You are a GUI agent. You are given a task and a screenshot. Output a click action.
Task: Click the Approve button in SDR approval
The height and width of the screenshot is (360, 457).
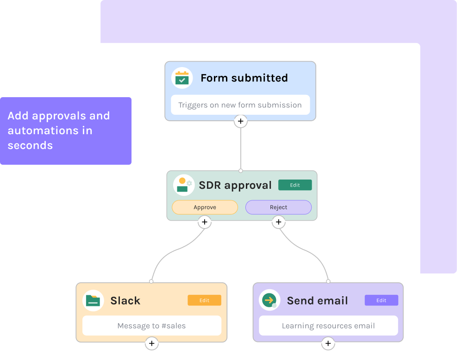205,207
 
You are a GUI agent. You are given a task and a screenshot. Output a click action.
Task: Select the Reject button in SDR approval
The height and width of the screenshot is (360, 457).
278,207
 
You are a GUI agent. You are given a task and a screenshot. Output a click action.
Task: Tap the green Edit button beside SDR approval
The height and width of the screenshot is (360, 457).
295,185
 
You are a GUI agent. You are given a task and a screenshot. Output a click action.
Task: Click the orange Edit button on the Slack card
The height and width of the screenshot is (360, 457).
204,300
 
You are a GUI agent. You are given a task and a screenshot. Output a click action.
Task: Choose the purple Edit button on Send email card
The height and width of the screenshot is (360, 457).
381,300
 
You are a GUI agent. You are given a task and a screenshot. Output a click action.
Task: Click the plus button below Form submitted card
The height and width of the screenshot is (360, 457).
240,121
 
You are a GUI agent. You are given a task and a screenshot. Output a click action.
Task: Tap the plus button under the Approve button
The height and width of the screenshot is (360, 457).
205,223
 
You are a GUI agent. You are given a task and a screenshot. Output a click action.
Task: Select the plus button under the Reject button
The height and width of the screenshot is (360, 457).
278,223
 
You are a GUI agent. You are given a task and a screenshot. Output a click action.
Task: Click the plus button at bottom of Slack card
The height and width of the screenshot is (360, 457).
151,343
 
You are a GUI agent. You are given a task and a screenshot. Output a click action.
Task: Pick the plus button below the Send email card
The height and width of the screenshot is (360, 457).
328,343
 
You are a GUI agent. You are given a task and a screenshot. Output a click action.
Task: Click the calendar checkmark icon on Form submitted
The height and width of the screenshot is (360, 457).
182,78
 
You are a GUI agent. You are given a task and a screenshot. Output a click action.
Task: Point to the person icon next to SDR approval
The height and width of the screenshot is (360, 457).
183,185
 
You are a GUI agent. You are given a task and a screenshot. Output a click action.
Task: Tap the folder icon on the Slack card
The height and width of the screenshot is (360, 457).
93,300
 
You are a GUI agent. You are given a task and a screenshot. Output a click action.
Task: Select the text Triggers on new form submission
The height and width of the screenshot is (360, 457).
240,105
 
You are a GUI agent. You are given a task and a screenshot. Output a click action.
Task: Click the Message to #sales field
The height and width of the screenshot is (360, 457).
151,326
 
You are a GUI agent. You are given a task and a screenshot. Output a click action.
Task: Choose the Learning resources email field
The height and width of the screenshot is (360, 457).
328,326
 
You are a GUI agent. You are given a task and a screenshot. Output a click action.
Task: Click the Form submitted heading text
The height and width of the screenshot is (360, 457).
244,78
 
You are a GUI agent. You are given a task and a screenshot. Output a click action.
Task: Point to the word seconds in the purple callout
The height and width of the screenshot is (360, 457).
30,145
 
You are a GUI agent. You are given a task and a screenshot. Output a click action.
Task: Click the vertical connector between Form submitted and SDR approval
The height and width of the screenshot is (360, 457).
240,148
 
